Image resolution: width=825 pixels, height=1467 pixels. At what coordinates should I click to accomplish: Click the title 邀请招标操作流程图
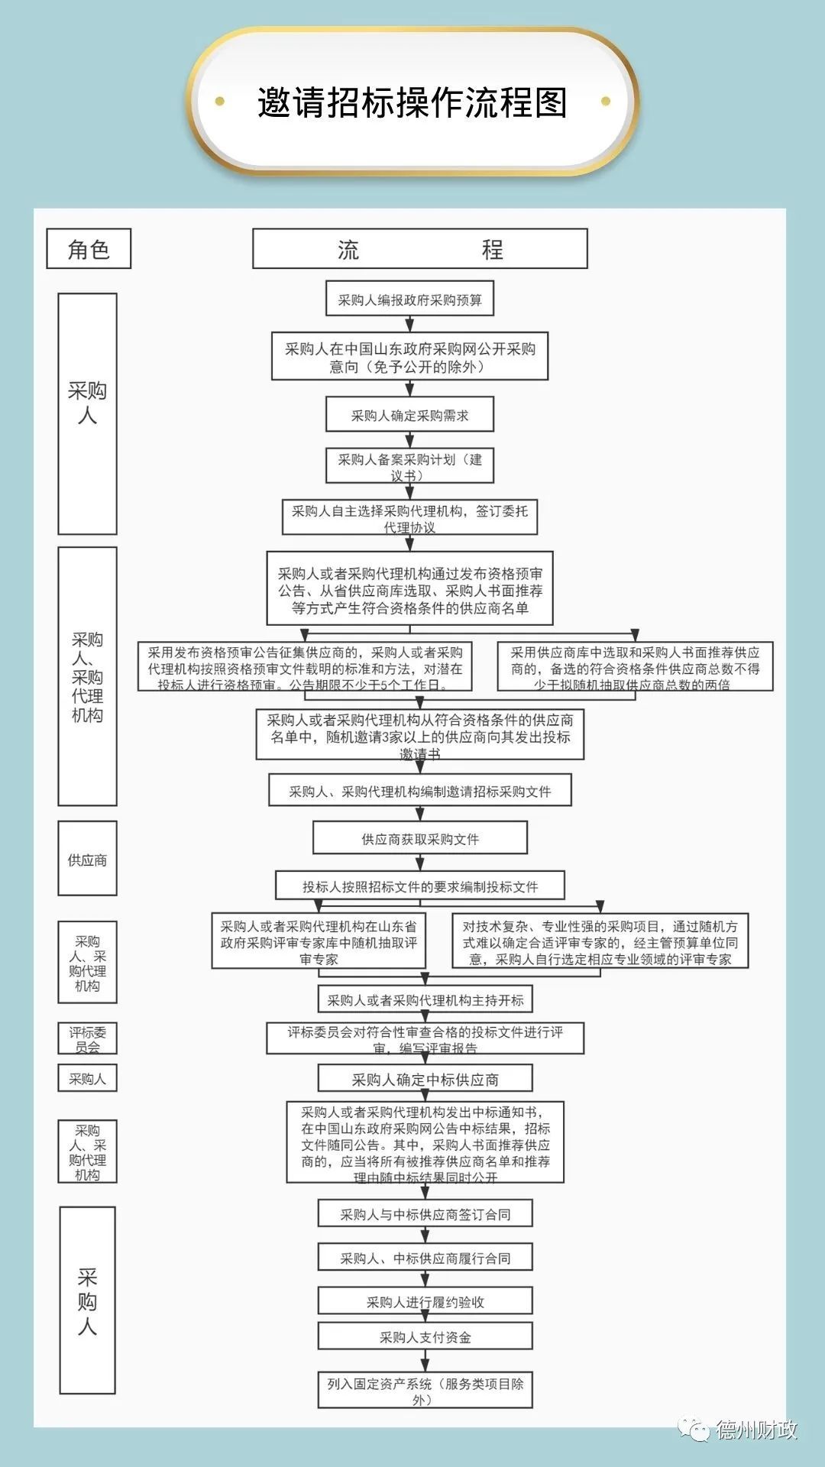pyautogui.click(x=412, y=102)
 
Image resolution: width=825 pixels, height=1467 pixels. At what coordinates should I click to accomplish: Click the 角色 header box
pyautogui.click(x=89, y=249)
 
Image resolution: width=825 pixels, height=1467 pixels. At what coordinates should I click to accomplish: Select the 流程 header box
pyautogui.click(x=419, y=249)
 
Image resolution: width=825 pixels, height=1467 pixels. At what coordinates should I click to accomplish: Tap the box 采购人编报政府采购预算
pyautogui.click(x=409, y=300)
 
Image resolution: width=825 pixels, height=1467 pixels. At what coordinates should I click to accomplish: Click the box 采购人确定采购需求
pyautogui.click(x=409, y=415)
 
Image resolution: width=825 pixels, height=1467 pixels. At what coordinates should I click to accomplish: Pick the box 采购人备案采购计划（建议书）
pyautogui.click(x=409, y=466)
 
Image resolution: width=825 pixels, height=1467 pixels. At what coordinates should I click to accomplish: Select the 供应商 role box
pyautogui.click(x=87, y=859)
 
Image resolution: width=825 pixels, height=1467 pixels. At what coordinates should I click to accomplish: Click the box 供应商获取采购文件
pyautogui.click(x=419, y=838)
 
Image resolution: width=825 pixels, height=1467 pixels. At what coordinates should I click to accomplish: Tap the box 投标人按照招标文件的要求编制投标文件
pyautogui.click(x=419, y=886)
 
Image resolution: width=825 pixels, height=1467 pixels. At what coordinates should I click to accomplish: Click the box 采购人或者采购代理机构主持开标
pyautogui.click(x=425, y=999)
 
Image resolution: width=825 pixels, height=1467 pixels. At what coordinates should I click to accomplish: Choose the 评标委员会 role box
pyautogui.click(x=87, y=1039)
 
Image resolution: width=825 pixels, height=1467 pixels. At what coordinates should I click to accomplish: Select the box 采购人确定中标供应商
pyautogui.click(x=425, y=1079)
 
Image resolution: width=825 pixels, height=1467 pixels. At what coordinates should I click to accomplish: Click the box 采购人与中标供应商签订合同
pyautogui.click(x=425, y=1213)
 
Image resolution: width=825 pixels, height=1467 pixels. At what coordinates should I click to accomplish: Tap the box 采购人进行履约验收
pyautogui.click(x=425, y=1301)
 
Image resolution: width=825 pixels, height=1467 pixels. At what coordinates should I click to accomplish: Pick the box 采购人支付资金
pyautogui.click(x=425, y=1336)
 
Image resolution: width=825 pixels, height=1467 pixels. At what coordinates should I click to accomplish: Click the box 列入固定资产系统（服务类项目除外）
pyautogui.click(x=425, y=1391)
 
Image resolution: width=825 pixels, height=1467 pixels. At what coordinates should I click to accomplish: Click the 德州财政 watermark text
pyautogui.click(x=755, y=1429)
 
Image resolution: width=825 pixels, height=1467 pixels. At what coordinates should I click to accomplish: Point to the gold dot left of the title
pyautogui.click(x=220, y=101)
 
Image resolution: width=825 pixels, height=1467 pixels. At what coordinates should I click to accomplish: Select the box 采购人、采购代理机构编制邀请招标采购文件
pyautogui.click(x=419, y=791)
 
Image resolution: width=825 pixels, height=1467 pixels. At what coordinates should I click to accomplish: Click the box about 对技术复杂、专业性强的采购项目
pyautogui.click(x=600, y=941)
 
